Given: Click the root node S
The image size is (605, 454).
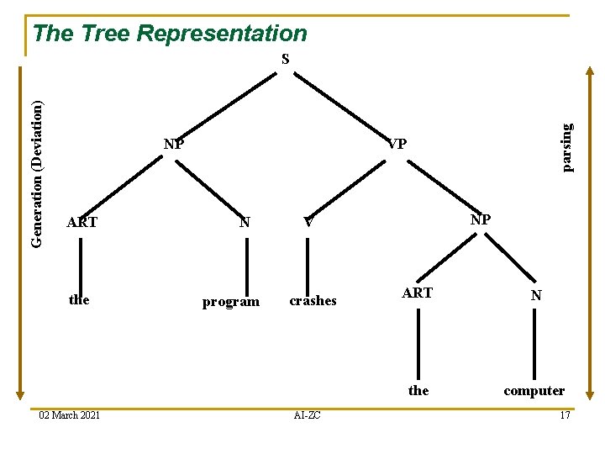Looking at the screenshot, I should click(x=286, y=60).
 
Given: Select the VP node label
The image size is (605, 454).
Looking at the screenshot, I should click(x=397, y=144).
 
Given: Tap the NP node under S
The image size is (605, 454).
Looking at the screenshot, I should click(x=174, y=144).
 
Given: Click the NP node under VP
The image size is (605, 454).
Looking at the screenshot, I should click(x=481, y=219).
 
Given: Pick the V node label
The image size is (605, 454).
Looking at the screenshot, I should click(x=308, y=223).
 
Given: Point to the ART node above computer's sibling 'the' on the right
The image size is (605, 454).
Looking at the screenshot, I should click(x=418, y=293).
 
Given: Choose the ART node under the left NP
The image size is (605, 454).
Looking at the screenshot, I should click(x=82, y=223).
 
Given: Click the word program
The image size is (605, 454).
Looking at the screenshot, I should click(x=231, y=302).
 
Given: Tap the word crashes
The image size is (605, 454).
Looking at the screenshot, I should click(x=313, y=301).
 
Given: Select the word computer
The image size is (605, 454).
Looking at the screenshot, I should click(x=534, y=390).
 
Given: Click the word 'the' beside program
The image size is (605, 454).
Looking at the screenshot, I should click(x=79, y=299).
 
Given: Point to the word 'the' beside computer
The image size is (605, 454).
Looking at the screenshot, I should click(x=418, y=390).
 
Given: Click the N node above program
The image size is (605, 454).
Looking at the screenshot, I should click(x=245, y=223).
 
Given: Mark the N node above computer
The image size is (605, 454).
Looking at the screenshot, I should click(x=535, y=295).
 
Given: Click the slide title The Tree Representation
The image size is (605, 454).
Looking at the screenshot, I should click(x=170, y=34).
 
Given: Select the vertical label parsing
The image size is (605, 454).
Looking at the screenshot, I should click(x=567, y=146).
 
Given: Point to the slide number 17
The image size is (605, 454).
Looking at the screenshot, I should click(x=565, y=415).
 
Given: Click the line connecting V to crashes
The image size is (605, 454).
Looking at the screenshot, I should click(x=308, y=261).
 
